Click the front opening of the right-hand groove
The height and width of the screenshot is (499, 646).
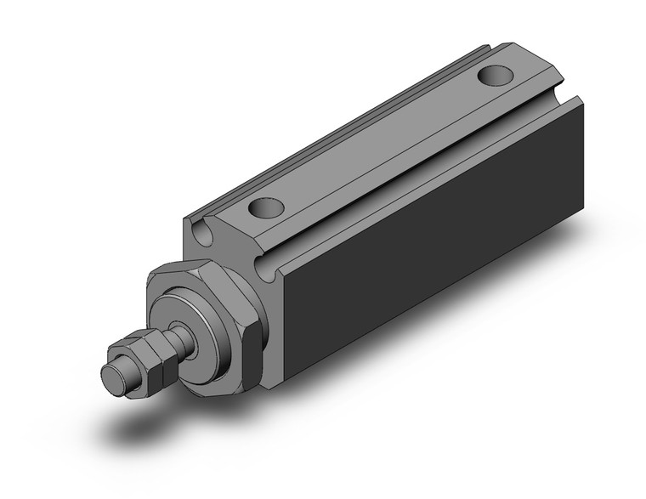point(269,271)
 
